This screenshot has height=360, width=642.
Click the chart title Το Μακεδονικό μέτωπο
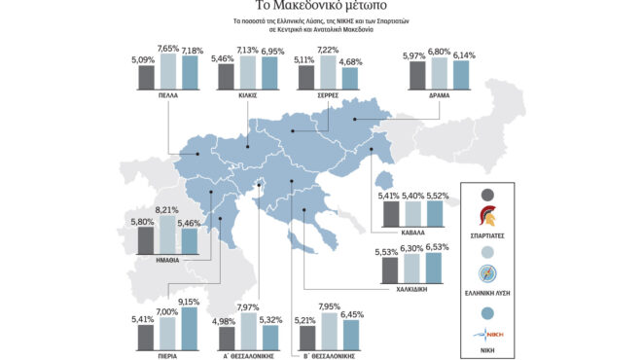321,7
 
